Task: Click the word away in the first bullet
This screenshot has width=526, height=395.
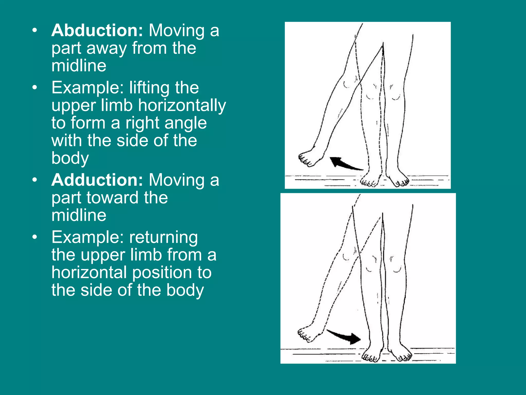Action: coord(106,48)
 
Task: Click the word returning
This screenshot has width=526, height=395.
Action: coord(163,237)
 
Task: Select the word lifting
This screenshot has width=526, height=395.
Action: coord(149,88)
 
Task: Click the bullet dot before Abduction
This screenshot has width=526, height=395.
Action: coord(35,31)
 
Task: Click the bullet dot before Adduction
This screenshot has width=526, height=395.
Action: coord(35,180)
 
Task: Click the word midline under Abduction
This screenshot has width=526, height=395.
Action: coord(79,66)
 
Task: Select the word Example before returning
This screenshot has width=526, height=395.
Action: coord(88,237)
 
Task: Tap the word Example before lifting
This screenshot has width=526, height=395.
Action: coord(88,88)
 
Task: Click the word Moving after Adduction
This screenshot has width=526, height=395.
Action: coord(177,180)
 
